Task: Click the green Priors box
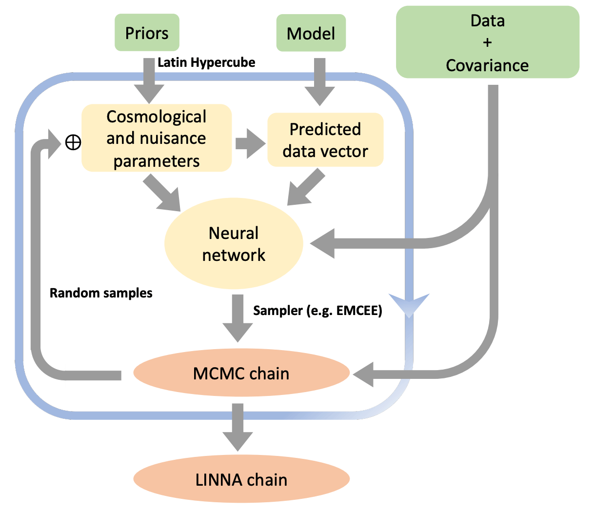point(147,33)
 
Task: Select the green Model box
point(311,33)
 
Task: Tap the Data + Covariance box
point(487,42)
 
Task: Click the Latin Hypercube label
point(206,62)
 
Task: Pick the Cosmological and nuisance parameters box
point(156,138)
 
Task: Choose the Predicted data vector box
point(325,140)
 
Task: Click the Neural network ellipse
point(234,244)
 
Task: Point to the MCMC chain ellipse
point(241,374)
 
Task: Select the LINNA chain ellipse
point(241,479)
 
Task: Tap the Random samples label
point(101,293)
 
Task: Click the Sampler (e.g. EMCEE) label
point(317,311)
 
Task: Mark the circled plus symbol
point(73,142)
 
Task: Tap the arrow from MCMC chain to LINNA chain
point(238,427)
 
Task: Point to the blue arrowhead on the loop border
point(409,306)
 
